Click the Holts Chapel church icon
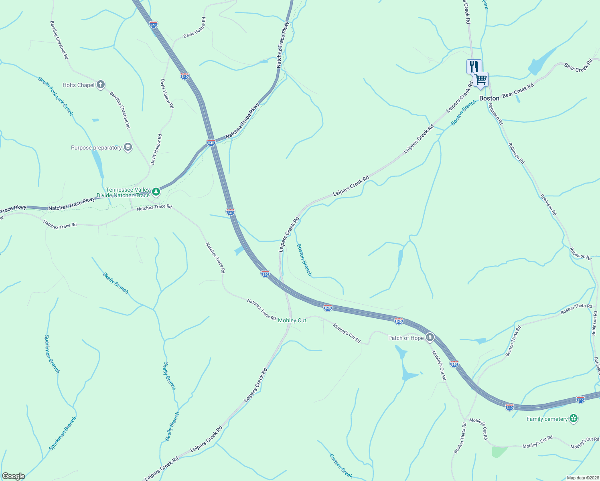coord(101,85)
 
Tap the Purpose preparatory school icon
coord(128,148)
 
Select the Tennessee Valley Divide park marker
coord(156,192)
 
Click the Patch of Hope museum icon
coord(430,338)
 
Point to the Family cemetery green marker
coord(574,419)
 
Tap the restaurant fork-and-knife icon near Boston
coord(474,66)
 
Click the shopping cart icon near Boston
coord(480,79)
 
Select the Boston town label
coord(489,98)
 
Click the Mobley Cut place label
coord(292,320)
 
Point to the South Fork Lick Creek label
coord(56,96)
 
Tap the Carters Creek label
coord(341,466)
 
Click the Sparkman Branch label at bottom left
coord(63,434)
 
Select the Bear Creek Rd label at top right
coord(578,66)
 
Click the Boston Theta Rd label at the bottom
coord(460,438)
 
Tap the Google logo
coord(13,476)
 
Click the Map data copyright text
coord(582,478)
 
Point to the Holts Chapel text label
coord(79,85)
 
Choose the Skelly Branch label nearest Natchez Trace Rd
coord(116,283)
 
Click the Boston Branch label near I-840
coord(304,260)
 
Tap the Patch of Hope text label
coord(406,338)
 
